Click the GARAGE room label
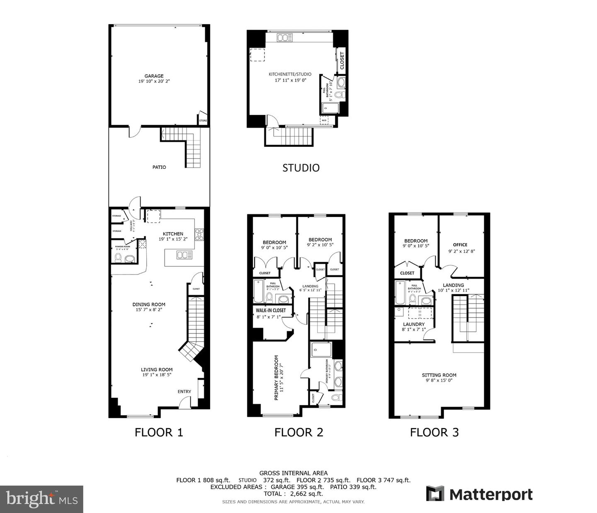154,76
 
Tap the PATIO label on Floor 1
159,167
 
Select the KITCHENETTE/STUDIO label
290,74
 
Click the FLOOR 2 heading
298,432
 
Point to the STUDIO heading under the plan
301,168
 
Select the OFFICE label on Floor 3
460,245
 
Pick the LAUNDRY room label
413,324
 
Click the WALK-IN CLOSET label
271,310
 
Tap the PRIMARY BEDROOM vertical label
277,377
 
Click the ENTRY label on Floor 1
184,391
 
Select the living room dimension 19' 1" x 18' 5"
156,374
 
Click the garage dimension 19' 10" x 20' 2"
154,82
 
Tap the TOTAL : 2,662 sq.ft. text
294,494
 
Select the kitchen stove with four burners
199,235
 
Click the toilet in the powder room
118,258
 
